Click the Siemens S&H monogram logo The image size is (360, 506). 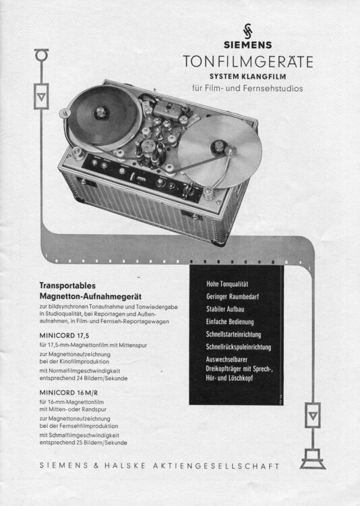[247, 31]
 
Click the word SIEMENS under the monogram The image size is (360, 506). [247, 45]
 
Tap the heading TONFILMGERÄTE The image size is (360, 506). [247, 61]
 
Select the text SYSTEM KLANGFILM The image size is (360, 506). [247, 76]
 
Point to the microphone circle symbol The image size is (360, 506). [42, 55]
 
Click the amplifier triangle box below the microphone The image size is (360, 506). [41, 96]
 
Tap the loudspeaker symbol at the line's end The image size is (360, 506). [313, 459]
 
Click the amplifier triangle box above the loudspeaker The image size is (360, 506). [313, 415]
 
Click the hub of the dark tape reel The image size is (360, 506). [102, 113]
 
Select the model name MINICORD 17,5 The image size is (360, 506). [64, 335]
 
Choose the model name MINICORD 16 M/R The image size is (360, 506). [69, 393]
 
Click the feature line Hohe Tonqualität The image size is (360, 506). [227, 284]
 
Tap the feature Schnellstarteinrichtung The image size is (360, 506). [233, 335]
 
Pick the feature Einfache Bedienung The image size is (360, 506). [230, 322]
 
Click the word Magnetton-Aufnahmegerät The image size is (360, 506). [90, 296]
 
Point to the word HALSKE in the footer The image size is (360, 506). [125, 466]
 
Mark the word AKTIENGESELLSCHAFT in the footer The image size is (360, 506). [216, 466]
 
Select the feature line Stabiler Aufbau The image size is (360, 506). [225, 309]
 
